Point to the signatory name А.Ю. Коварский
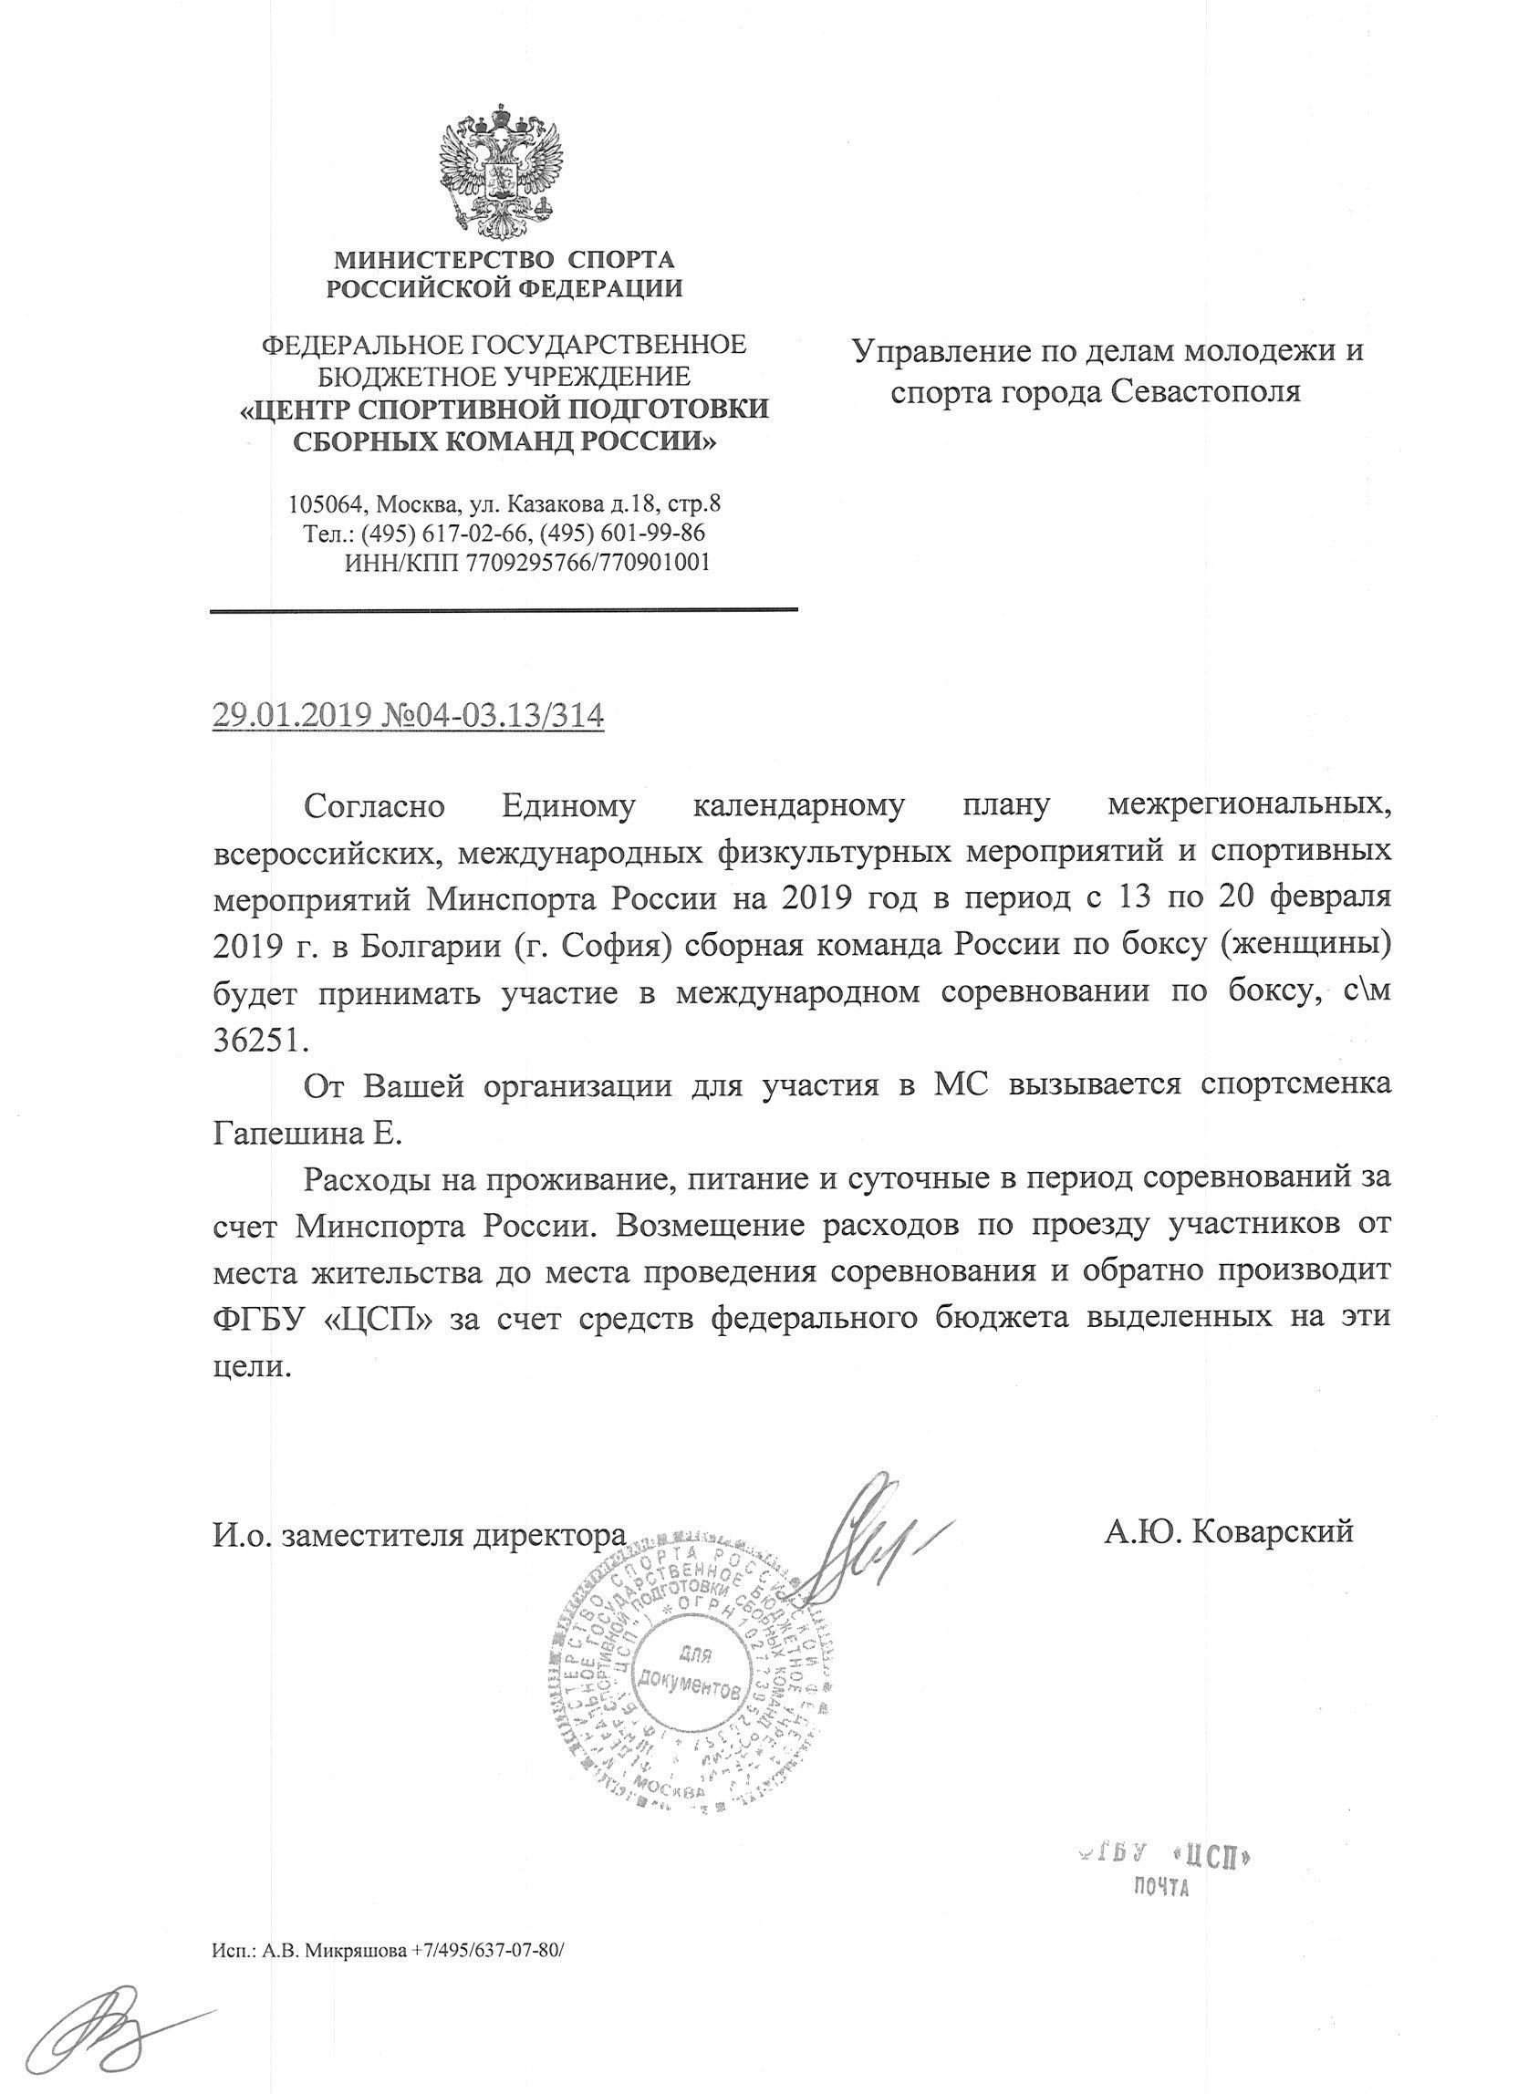1227,1529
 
